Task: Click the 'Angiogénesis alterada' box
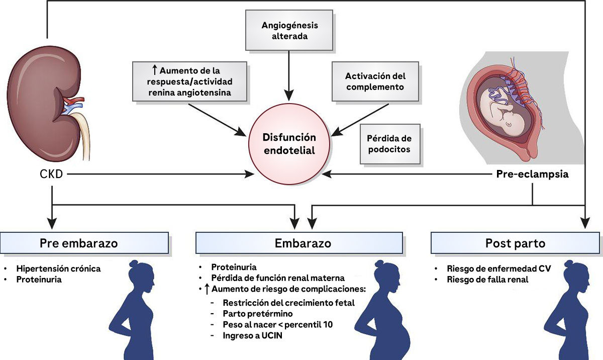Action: (289, 30)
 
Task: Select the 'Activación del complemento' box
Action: (375, 81)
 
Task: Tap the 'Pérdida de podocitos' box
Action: (390, 144)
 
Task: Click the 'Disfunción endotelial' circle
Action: (289, 144)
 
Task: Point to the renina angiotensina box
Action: (189, 81)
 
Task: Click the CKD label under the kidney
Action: (51, 174)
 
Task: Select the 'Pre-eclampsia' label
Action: (532, 174)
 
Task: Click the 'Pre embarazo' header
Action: (84, 243)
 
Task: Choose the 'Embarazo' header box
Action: (299, 243)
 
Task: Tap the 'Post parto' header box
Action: (515, 243)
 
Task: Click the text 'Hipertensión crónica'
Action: (58, 268)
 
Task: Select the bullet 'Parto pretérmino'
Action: (258, 313)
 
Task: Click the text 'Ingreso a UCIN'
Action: (252, 335)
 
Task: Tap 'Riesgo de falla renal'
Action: (487, 280)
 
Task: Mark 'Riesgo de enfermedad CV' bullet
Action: (499, 268)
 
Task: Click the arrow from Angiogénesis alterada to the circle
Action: (289, 75)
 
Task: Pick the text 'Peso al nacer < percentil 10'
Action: (278, 324)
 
